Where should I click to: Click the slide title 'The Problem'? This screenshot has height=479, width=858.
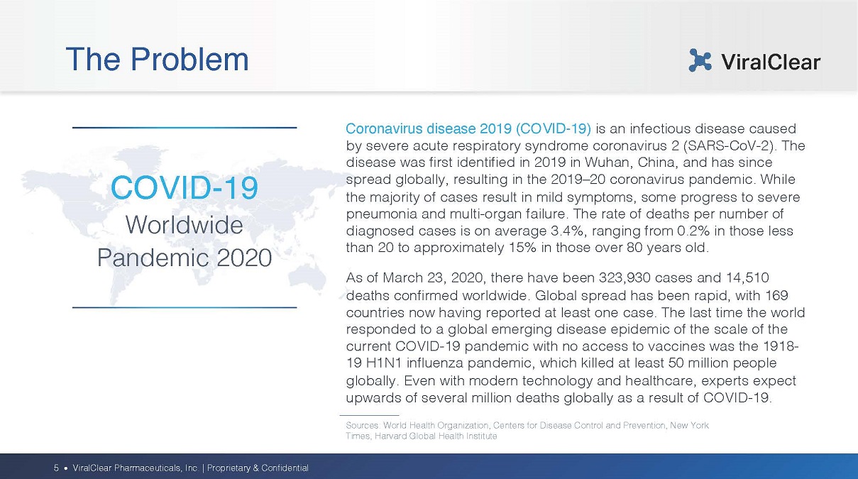tap(157, 60)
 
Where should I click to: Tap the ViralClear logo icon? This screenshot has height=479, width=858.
tap(700, 60)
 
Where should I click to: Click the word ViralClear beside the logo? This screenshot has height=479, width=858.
tap(771, 62)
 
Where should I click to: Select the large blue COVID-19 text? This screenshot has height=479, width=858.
tap(185, 187)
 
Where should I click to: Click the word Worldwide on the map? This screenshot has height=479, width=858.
tap(185, 225)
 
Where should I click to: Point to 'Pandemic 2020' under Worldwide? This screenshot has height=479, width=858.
tap(185, 258)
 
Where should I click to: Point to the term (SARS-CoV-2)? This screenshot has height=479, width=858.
tap(730, 146)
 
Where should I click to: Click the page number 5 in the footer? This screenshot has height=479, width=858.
tap(56, 468)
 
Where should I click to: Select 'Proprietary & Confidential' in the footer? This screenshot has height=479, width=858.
tap(258, 468)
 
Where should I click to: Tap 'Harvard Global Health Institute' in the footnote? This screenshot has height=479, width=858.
tap(436, 436)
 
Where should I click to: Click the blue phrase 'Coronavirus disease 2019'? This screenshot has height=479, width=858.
tap(429, 128)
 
